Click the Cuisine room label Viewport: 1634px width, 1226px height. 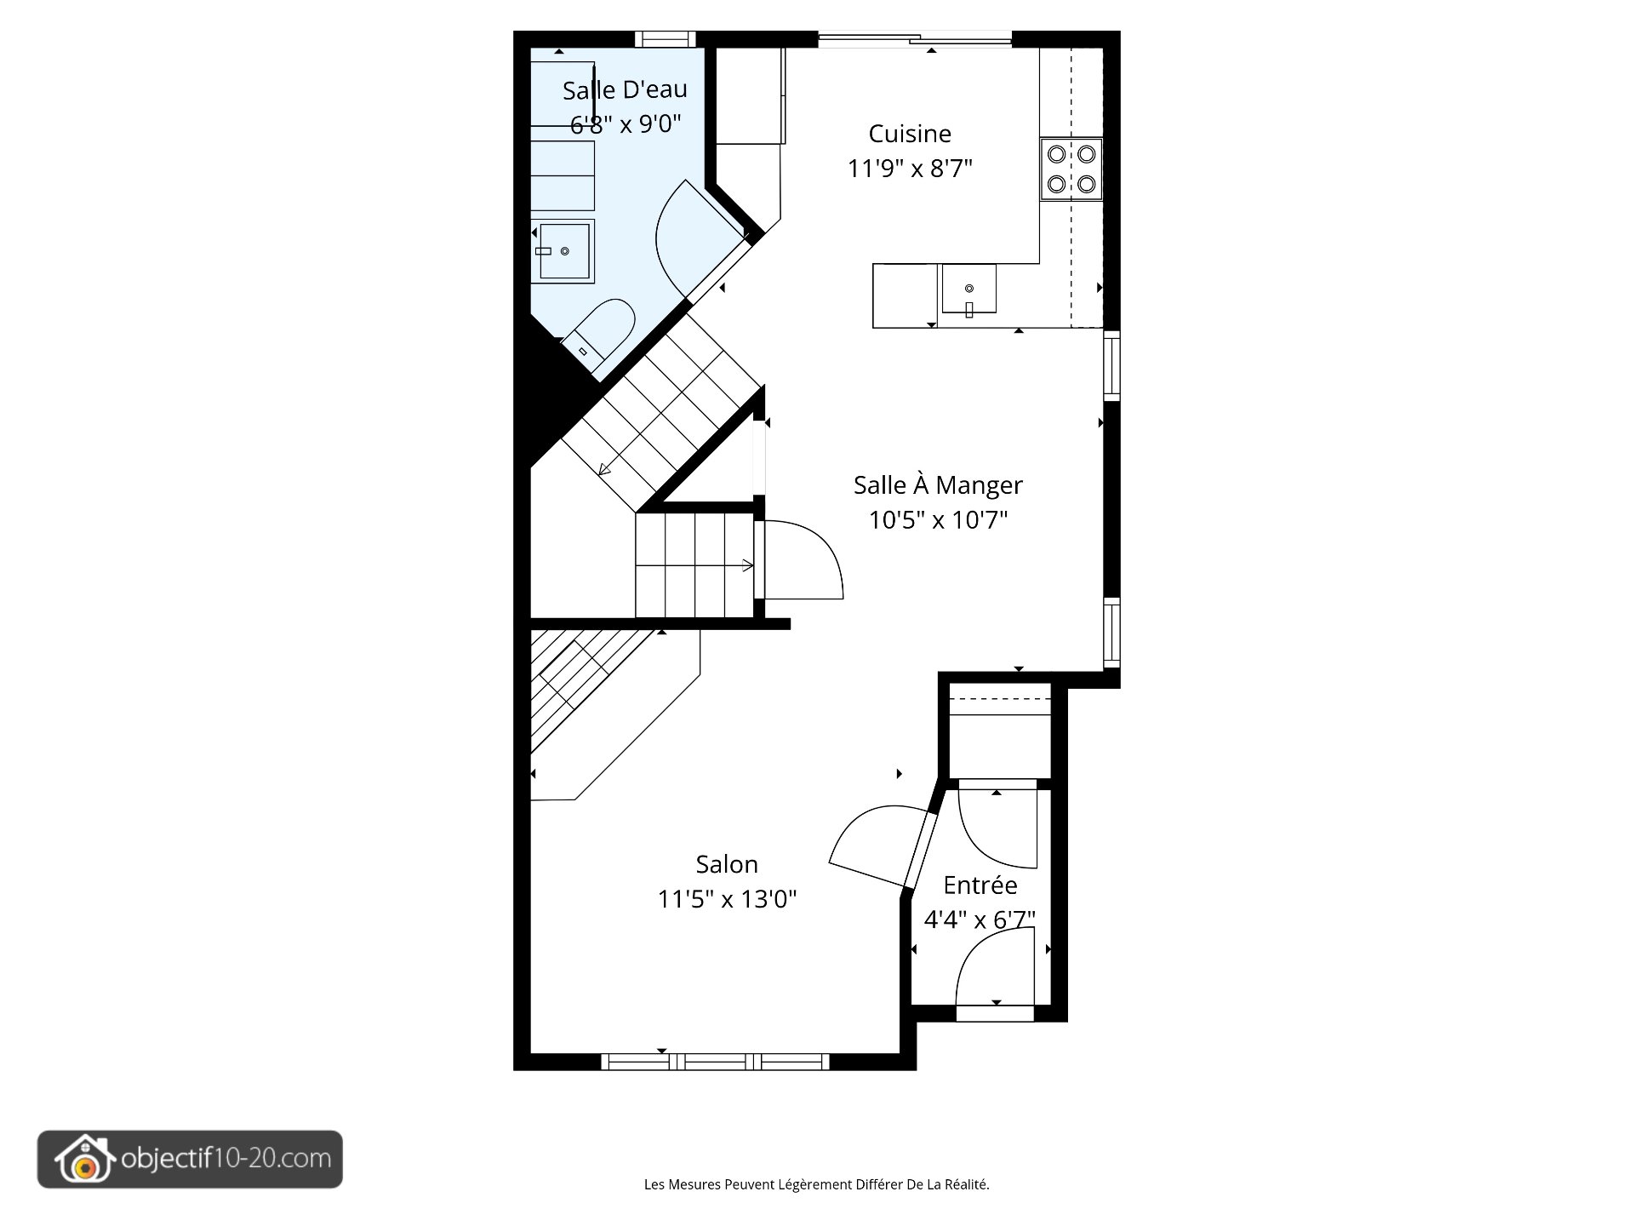tap(909, 134)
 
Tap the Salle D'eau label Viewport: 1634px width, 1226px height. tap(625, 89)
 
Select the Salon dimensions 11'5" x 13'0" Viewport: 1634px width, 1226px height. tap(727, 899)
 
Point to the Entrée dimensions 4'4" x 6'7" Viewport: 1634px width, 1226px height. tap(980, 919)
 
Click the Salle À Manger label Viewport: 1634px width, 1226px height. tap(938, 485)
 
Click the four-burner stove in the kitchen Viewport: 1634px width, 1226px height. tap(1071, 169)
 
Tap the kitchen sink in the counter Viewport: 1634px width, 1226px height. tap(968, 289)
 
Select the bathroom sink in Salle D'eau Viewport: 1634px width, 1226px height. tap(563, 251)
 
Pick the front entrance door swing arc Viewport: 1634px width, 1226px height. tap(991, 966)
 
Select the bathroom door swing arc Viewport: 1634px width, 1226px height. tap(694, 238)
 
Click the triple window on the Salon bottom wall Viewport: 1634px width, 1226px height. tap(715, 1062)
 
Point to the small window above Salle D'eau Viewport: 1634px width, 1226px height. tap(666, 39)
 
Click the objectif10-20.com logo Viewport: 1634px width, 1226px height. tap(190, 1159)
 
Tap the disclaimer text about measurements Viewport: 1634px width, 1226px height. tap(816, 1184)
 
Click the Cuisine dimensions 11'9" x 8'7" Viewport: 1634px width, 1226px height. tap(909, 169)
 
